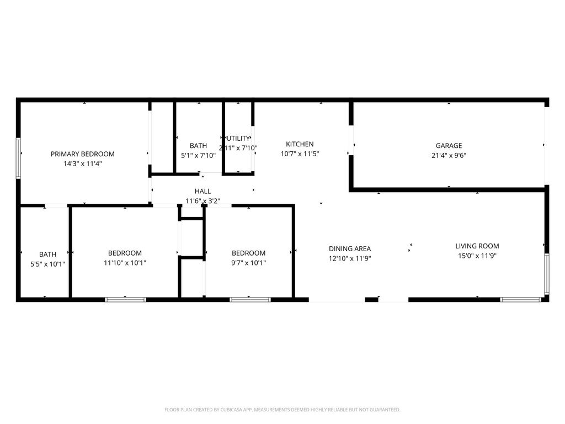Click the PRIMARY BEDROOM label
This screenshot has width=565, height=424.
point(83,154)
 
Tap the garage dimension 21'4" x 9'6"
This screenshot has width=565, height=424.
point(449,155)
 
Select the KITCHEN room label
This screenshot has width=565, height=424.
point(300,144)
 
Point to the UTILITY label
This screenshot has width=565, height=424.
point(238,138)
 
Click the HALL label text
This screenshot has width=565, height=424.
point(202,191)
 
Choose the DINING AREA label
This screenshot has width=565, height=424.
point(350,248)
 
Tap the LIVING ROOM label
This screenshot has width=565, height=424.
point(477,246)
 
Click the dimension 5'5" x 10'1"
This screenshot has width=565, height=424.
point(47,264)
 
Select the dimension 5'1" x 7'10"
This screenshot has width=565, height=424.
point(198,155)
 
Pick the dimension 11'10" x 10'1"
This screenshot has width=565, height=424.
point(125,263)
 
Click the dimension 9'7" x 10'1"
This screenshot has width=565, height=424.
point(248,263)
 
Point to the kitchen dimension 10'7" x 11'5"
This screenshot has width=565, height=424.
point(300,154)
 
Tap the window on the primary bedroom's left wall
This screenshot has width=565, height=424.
point(18,158)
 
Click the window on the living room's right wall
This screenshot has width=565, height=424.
point(546,274)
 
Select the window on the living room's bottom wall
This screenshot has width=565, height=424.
point(520,299)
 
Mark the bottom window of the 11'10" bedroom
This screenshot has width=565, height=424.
point(125,299)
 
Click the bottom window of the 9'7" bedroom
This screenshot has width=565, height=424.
point(250,299)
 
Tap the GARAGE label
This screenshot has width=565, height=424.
point(449,146)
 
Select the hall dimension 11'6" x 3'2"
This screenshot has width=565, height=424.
point(202,201)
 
